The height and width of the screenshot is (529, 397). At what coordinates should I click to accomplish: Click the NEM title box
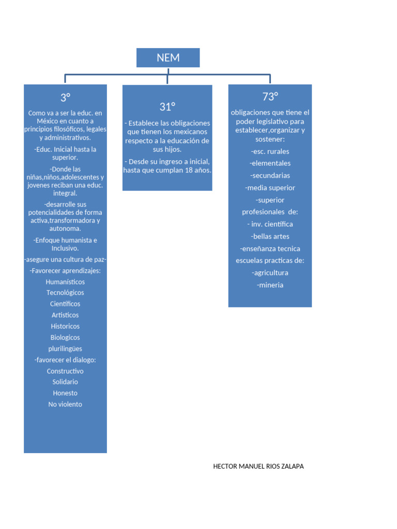coord(168,58)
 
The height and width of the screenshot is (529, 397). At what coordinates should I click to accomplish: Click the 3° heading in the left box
coord(65,98)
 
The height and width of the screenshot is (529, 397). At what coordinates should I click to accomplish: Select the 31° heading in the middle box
coord(167,106)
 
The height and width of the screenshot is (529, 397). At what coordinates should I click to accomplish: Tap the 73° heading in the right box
coord(270,97)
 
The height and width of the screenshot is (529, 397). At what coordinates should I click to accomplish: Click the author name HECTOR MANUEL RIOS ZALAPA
coord(258,466)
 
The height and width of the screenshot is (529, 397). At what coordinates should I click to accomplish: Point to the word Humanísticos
coord(65,282)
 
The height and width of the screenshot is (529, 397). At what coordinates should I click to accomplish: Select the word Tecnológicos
coord(65,293)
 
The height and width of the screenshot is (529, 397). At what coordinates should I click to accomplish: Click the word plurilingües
coord(65,349)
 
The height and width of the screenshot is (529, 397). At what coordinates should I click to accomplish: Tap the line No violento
coord(65,404)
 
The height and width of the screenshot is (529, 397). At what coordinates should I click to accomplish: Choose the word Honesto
coord(65,393)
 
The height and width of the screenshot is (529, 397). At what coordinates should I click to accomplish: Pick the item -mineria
coord(270,285)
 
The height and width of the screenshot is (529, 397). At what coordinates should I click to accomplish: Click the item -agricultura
coord(270,273)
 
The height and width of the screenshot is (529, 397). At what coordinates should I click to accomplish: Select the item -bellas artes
coord(270,237)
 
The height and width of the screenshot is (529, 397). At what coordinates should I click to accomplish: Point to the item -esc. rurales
coord(270,151)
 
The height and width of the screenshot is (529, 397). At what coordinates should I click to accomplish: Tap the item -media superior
coord(270,188)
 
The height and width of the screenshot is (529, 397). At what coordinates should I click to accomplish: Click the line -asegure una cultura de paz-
coord(65,259)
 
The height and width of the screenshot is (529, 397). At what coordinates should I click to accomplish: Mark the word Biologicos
coord(65,338)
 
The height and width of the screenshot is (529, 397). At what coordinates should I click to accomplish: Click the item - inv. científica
coord(270,224)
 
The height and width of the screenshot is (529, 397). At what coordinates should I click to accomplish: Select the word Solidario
coord(65,382)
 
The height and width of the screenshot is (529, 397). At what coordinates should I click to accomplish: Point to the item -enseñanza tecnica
coord(270,248)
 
